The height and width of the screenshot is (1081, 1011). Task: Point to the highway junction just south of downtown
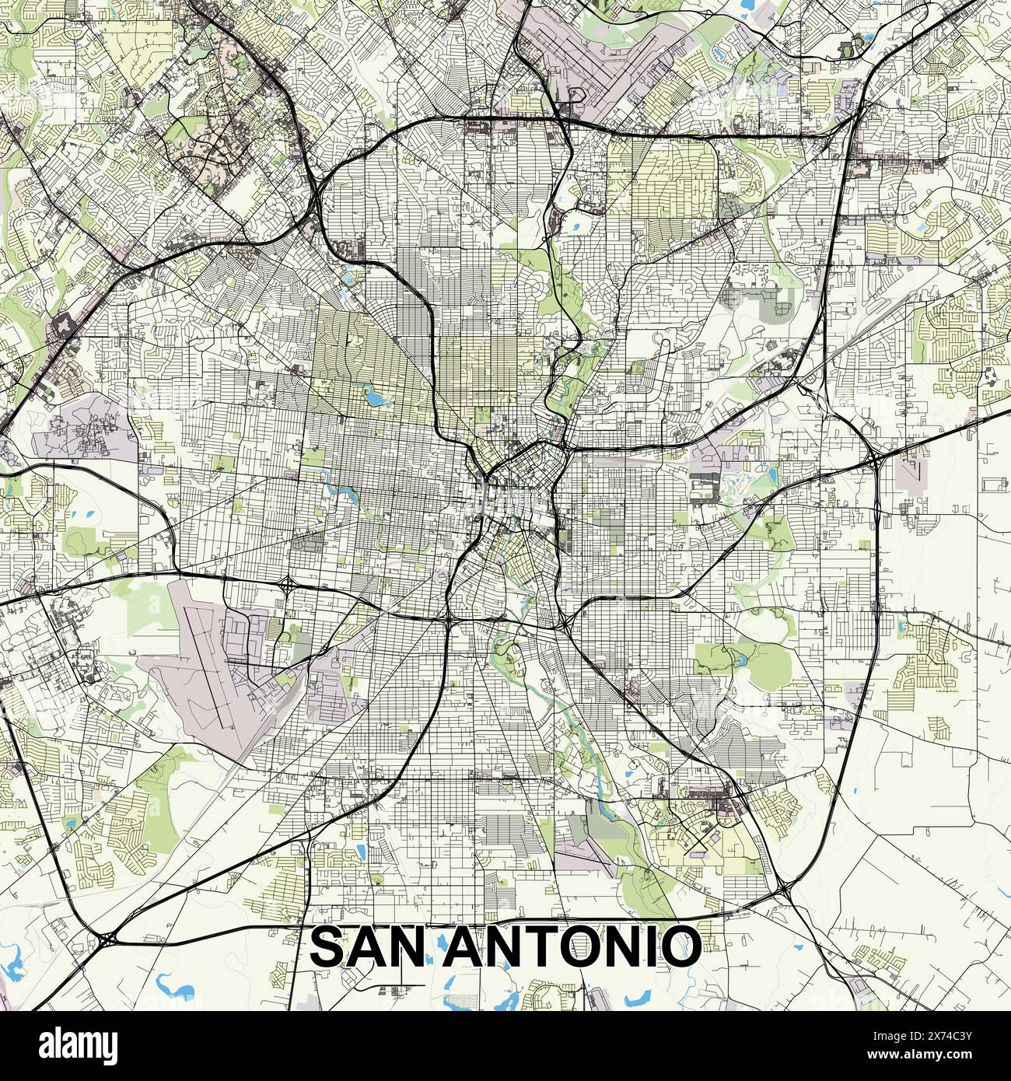coord(449,620)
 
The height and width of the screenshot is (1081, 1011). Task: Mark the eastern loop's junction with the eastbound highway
coord(876,461)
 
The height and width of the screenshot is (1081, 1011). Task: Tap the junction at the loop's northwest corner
coord(320,194)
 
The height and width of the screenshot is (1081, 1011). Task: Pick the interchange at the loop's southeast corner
coord(782,887)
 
